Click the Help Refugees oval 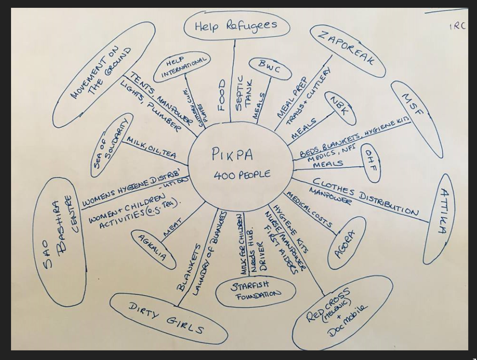[236, 26]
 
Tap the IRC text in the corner [457, 27]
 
